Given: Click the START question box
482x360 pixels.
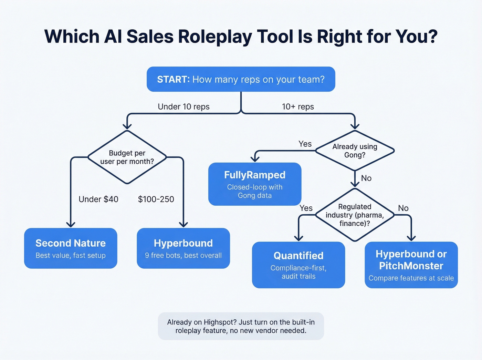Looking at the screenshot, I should point(241,79).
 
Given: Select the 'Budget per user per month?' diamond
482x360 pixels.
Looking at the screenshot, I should point(127,157).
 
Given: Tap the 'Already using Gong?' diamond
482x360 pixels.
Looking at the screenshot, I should point(355,151).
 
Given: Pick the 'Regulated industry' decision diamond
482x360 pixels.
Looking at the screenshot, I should point(355,215).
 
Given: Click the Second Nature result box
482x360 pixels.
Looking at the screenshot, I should point(71,248).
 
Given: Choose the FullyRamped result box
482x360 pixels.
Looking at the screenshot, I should point(255,184).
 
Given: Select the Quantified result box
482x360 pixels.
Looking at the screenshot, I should point(298,265).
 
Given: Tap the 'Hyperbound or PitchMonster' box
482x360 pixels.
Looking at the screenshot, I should point(411,265).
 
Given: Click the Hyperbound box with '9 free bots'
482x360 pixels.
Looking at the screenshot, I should point(183,248).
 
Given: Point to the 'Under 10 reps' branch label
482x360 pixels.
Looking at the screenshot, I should point(184,107).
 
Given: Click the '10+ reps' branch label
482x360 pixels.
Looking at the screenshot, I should point(298,107).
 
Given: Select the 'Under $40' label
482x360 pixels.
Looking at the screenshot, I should point(98,199).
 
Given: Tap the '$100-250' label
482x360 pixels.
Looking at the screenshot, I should point(156,199).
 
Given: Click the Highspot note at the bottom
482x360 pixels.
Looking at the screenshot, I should point(241,326).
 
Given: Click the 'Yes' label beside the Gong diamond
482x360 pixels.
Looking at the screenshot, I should point(305,144).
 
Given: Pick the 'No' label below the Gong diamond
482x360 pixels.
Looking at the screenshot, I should point(366,178).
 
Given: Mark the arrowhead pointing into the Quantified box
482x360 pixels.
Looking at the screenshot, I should point(298,238).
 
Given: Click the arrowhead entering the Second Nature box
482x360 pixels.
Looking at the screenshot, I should point(71,224).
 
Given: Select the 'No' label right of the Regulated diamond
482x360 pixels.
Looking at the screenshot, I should point(403,208).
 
